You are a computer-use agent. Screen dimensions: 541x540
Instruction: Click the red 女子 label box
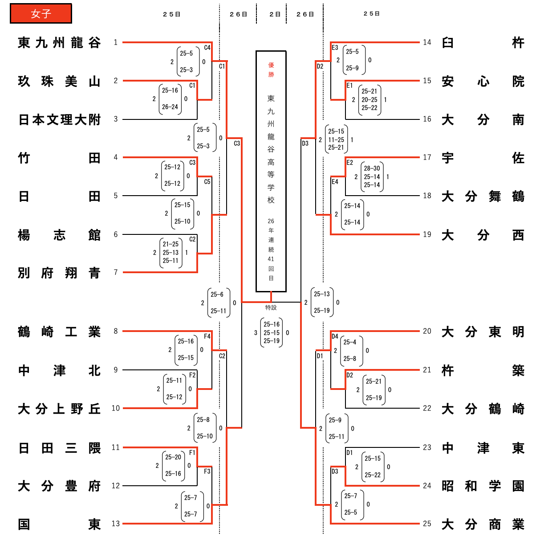(41, 14)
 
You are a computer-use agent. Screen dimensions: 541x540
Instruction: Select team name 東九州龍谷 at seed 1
(59, 43)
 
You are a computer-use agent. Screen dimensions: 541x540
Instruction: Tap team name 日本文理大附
(59, 120)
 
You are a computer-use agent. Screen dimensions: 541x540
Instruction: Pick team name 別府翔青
(59, 273)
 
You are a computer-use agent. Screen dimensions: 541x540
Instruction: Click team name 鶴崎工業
(59, 332)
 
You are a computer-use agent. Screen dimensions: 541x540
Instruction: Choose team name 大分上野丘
(59, 409)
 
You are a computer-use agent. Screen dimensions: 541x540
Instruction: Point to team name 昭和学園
(483, 486)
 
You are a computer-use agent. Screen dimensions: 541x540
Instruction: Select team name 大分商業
(483, 525)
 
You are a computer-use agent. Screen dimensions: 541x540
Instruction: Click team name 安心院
(483, 82)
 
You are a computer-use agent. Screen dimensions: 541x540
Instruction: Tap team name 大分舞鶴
(483, 197)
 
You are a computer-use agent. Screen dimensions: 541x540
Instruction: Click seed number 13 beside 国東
(116, 524)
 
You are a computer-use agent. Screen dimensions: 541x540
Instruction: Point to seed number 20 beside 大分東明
(427, 331)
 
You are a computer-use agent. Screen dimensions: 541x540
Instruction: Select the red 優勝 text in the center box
(271, 70)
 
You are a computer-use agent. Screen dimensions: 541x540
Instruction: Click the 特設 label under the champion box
(271, 307)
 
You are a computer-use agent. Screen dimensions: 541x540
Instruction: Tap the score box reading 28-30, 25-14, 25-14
(372, 177)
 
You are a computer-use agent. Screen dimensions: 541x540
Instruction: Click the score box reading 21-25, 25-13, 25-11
(171, 253)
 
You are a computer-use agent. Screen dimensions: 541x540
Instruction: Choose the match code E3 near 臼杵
(335, 48)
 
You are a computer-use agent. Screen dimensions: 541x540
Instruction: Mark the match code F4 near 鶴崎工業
(207, 336)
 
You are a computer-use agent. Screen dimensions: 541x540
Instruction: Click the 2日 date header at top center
(275, 14)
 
